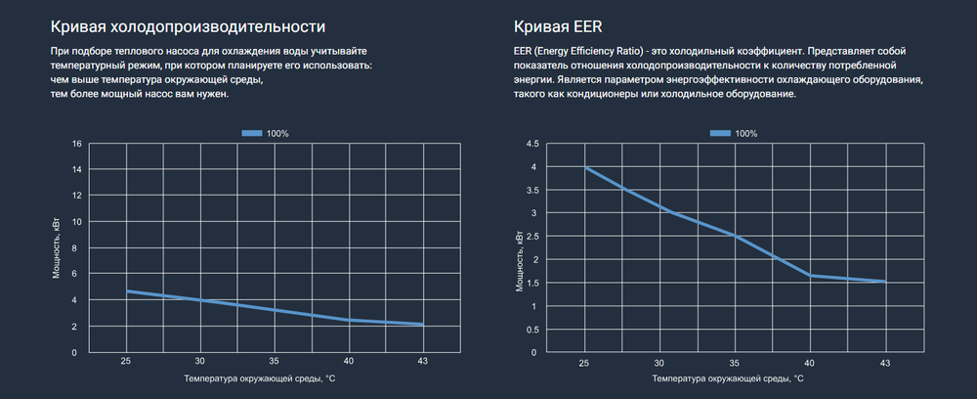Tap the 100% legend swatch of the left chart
[x=252, y=133]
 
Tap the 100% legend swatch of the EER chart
[x=721, y=133]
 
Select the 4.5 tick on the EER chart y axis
[x=532, y=144]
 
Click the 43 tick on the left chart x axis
[x=422, y=362]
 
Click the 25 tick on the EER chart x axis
[x=585, y=362]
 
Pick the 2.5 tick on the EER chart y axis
[x=532, y=237]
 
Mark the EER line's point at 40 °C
[x=811, y=276]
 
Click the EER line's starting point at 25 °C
[x=585, y=167]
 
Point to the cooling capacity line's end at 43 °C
[x=422, y=325]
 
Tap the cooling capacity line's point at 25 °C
[x=127, y=291]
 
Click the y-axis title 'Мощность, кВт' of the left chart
[x=57, y=248]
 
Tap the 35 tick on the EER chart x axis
[x=735, y=362]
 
